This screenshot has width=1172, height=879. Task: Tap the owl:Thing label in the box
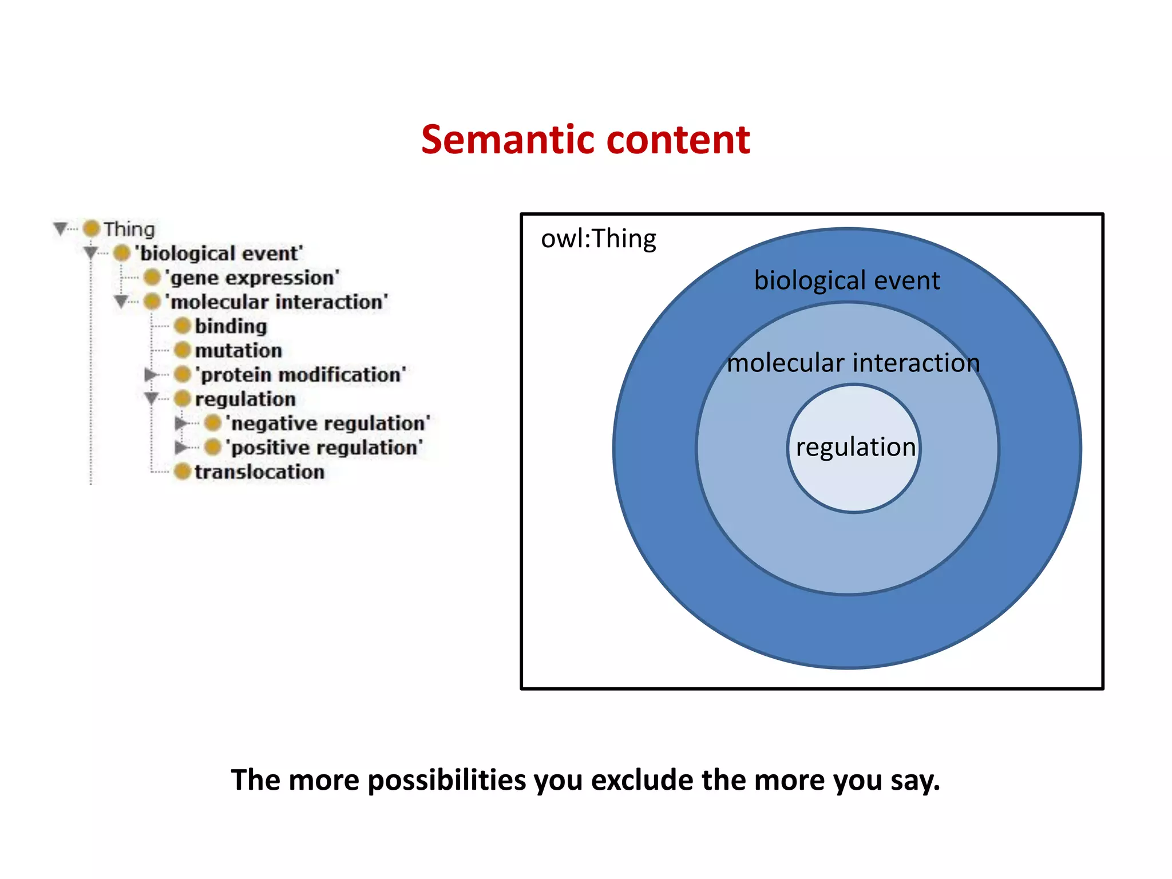coord(598,239)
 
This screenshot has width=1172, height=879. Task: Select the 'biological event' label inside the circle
coord(846,280)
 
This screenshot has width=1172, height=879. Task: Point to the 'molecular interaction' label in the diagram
coord(853,363)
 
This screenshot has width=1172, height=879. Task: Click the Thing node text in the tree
coord(129,229)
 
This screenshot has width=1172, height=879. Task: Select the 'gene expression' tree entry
coord(252,278)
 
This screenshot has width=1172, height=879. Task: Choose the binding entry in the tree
coord(231,326)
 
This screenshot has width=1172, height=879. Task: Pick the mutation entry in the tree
coord(238,350)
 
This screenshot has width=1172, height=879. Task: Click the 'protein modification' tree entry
coord(300,375)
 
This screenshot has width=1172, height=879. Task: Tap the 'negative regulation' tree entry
coord(327,423)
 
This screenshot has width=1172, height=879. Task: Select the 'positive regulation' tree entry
coord(324,448)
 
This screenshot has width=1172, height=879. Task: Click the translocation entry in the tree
coord(259,472)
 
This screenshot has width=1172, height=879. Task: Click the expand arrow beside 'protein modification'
coord(151,375)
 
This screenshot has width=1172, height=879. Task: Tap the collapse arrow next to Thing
coord(60,229)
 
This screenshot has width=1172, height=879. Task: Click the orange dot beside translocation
coord(182,472)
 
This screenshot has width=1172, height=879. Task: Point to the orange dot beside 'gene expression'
coord(152,278)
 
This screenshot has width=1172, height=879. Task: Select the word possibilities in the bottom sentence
coord(447,780)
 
